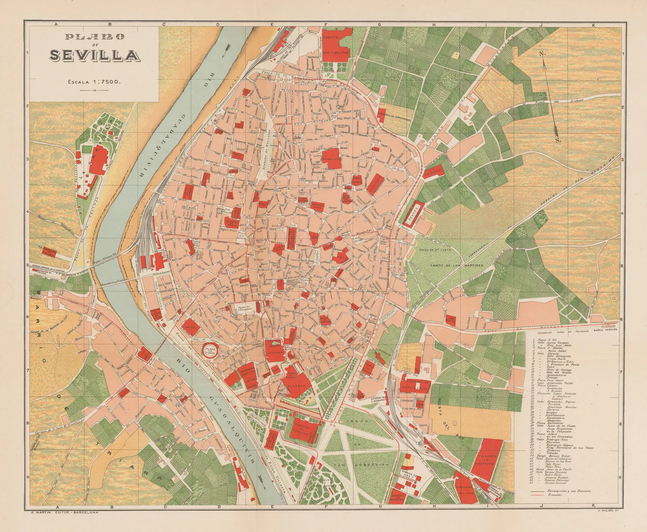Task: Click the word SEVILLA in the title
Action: point(93,55)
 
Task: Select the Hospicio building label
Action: point(332,159)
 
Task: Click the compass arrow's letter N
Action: point(540,54)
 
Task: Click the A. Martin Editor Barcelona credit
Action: point(64,523)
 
